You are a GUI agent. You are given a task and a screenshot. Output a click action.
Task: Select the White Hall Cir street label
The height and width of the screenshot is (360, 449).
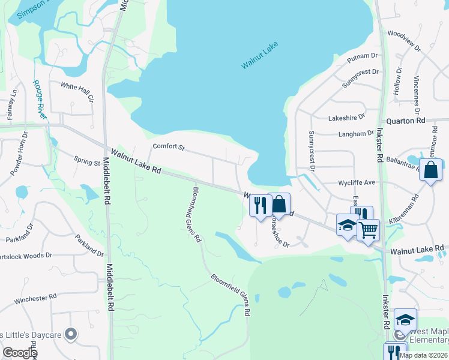click(78, 91)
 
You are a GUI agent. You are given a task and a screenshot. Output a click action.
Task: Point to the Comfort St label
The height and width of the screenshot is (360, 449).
click(168, 146)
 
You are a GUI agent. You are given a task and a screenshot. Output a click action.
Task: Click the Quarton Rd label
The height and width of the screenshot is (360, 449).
click(405, 121)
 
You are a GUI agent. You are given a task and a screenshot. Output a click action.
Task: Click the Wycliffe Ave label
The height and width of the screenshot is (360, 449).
click(357, 182)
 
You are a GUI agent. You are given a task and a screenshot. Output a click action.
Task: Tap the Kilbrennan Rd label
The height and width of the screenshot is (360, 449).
click(405, 207)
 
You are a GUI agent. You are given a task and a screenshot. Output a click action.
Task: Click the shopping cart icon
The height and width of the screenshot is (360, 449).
click(368, 229)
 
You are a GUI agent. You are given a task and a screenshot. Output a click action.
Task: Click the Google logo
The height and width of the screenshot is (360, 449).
click(19, 353)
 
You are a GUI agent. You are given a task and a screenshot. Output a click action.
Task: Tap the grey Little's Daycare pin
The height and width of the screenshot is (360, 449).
click(71, 334)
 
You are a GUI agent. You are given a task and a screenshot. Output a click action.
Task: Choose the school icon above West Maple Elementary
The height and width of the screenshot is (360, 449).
click(405, 319)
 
